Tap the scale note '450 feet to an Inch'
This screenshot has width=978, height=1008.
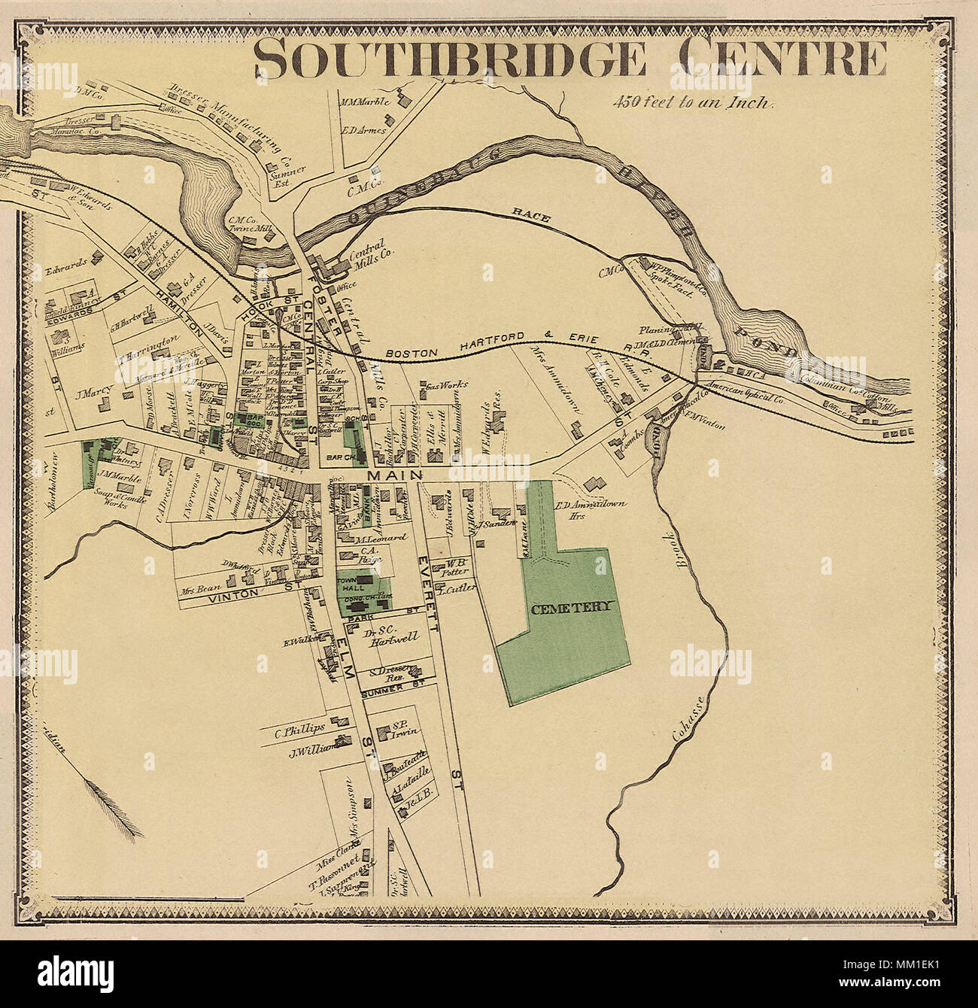(692, 102)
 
